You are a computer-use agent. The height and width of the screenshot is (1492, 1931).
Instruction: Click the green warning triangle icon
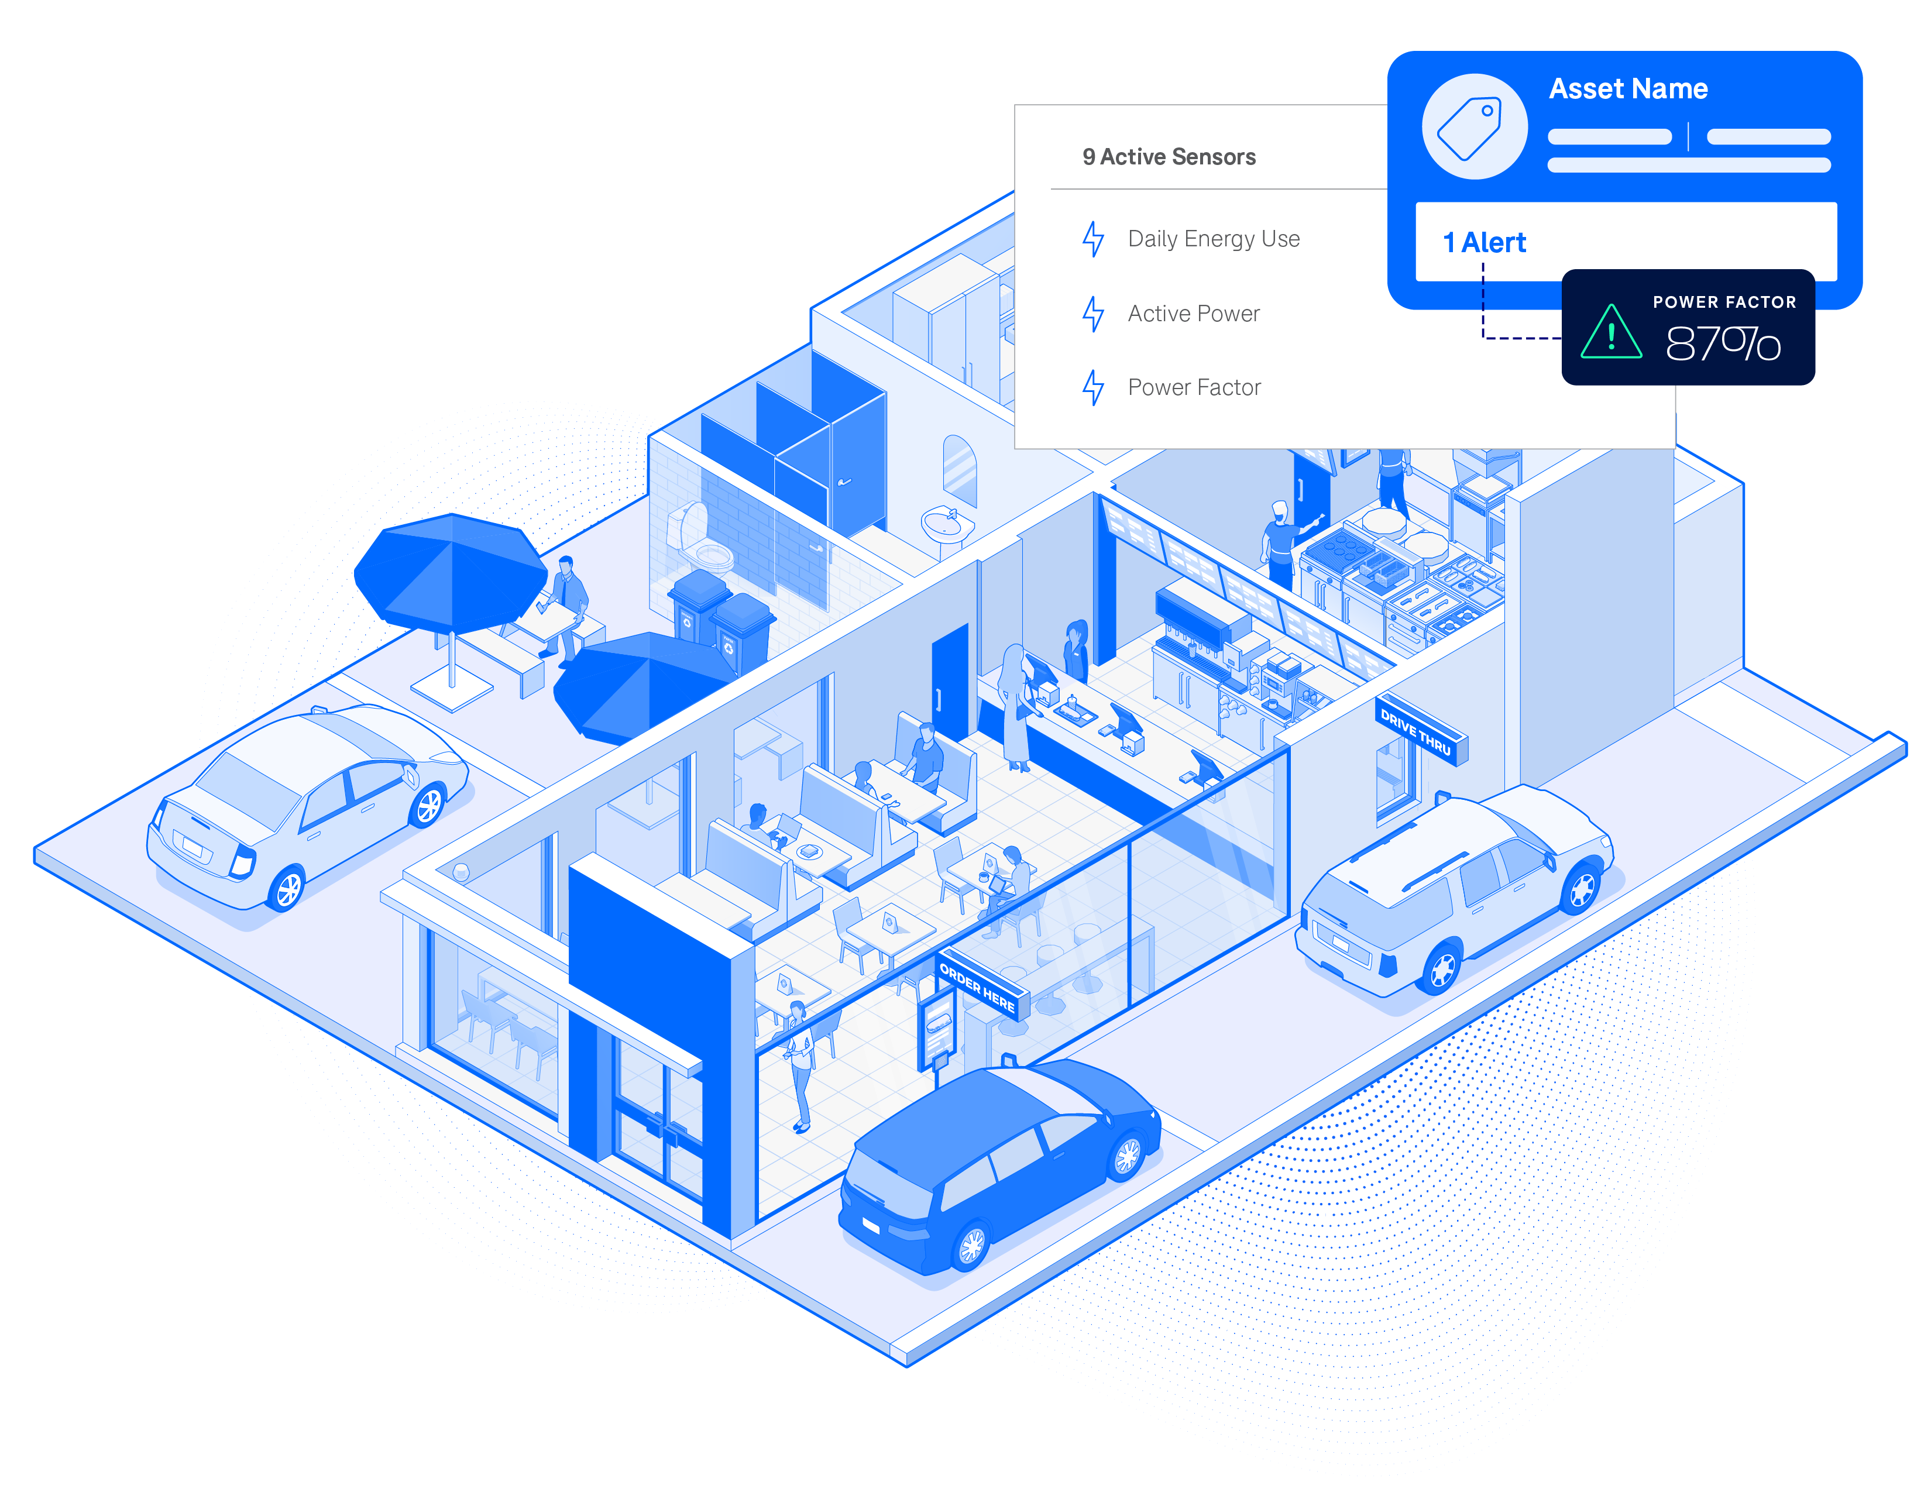click(1610, 334)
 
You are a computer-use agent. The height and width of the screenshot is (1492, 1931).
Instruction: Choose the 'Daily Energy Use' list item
click(1213, 239)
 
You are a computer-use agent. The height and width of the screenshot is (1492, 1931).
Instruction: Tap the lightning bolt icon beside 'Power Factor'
click(1094, 387)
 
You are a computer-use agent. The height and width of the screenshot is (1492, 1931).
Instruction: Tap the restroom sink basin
click(943, 524)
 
